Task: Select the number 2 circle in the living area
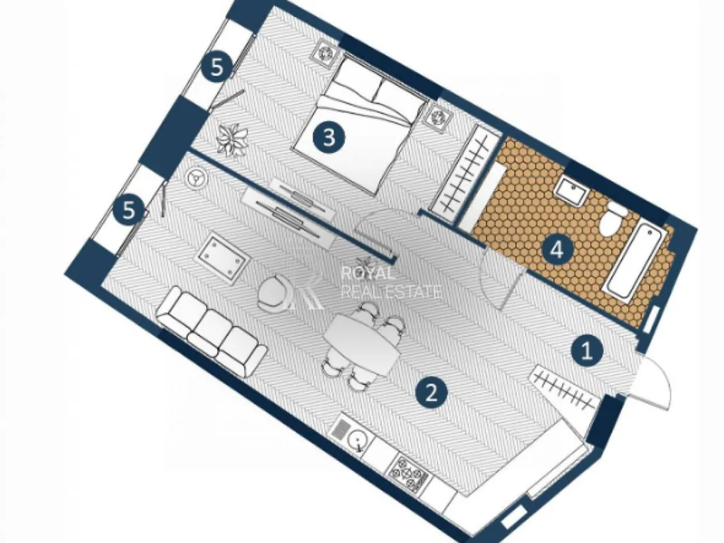coord(431,393)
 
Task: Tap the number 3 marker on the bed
coord(329,137)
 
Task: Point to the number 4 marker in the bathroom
coord(557,251)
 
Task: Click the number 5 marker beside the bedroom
coord(217,68)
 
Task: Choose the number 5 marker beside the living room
coord(130,210)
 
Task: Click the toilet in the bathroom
coord(613,220)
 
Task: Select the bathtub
coord(636,259)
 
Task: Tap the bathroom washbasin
coord(571,189)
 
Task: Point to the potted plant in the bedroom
coord(232,139)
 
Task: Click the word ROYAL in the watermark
coord(368,274)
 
